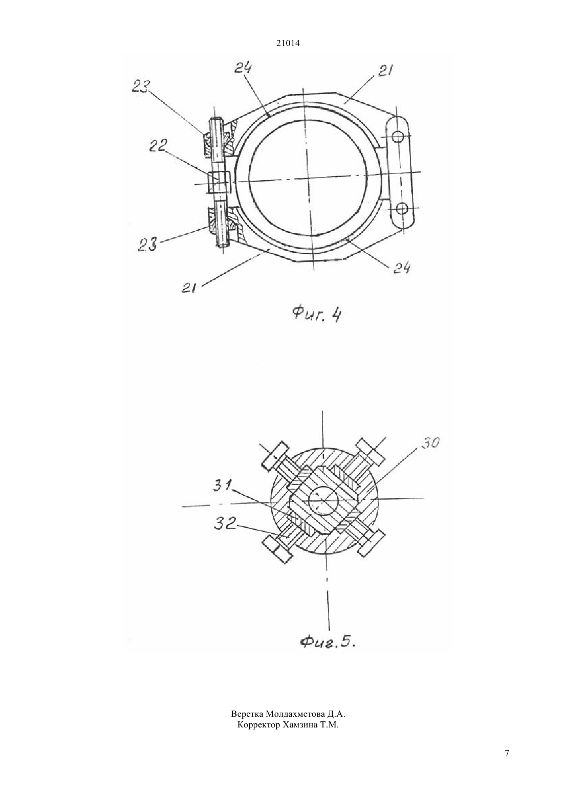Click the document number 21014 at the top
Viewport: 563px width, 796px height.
[x=288, y=43]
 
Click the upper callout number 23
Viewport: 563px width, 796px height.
[x=141, y=86]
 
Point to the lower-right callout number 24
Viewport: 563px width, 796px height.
[x=401, y=268]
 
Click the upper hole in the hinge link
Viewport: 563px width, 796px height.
[x=399, y=136]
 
